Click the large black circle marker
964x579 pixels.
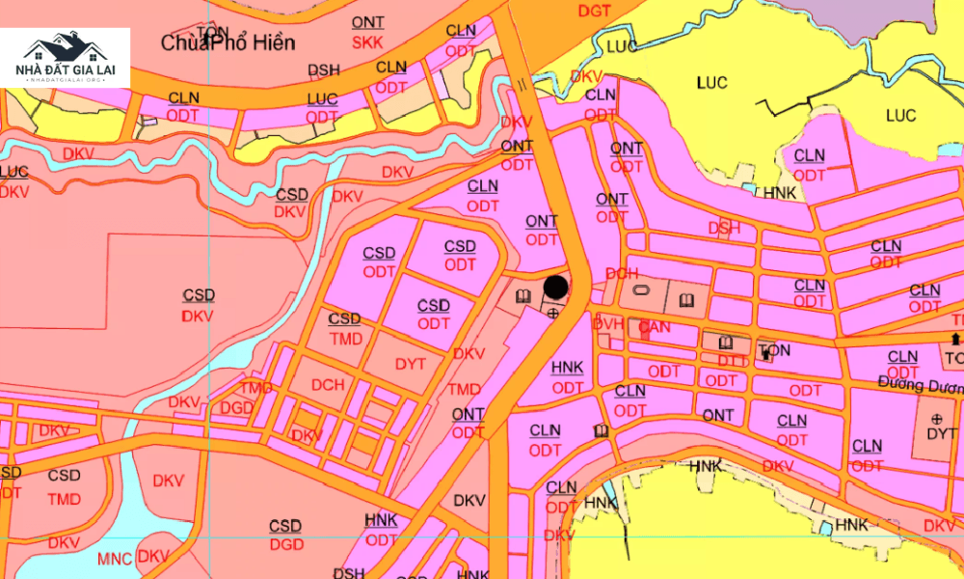coord(556,287)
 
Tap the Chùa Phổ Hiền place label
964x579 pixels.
coord(228,43)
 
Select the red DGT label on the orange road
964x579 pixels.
coord(594,12)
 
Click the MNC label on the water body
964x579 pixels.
coord(115,559)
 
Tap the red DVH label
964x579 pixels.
coord(608,324)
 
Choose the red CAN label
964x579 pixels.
coord(655,328)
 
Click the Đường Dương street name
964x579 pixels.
coord(920,385)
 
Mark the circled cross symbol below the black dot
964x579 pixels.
coord(552,313)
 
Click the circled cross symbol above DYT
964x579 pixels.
coord(936,418)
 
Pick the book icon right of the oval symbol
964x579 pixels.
coord(684,297)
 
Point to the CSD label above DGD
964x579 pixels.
coord(285,526)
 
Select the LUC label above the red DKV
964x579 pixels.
coord(14,172)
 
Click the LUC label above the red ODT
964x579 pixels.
coord(322,99)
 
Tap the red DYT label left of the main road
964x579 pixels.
coord(411,363)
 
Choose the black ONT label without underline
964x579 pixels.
coord(718,415)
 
